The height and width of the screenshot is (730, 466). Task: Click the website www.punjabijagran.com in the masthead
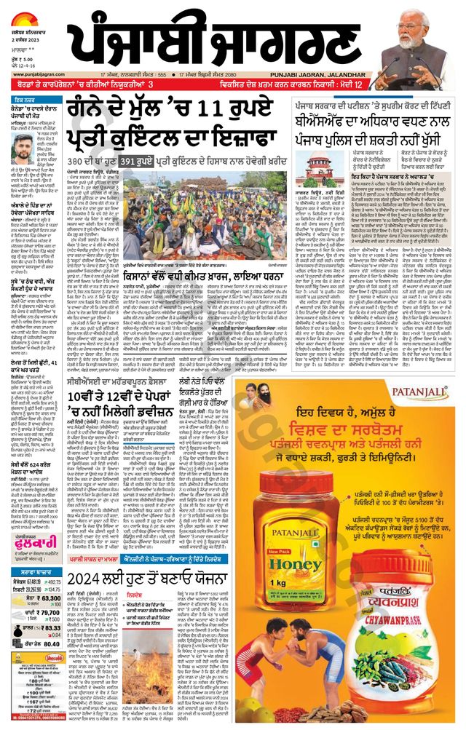pos(32,75)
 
